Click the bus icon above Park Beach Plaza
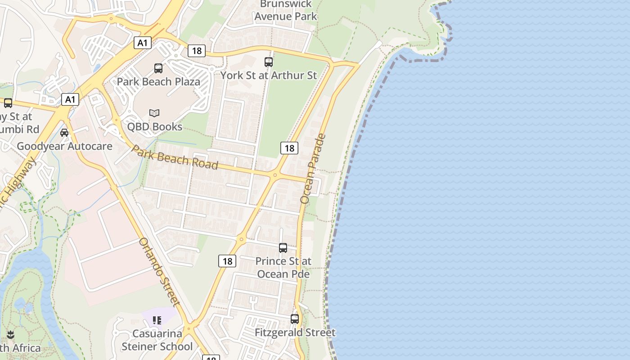pyautogui.click(x=158, y=68)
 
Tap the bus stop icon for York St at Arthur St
pyautogui.click(x=269, y=62)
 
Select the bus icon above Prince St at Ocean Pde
pyautogui.click(x=283, y=248)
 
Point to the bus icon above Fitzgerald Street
pyautogui.click(x=295, y=319)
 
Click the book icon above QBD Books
pyautogui.click(x=154, y=113)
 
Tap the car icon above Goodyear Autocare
pyautogui.click(x=64, y=133)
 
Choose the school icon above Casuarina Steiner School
pyautogui.click(x=157, y=320)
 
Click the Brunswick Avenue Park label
pyautogui.click(x=286, y=10)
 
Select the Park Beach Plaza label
pyautogui.click(x=158, y=82)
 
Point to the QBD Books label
pyautogui.click(x=154, y=126)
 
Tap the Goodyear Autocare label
pyautogui.click(x=64, y=146)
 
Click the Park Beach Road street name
pyautogui.click(x=175, y=157)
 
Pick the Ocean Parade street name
pyautogui.click(x=313, y=168)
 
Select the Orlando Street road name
pyautogui.click(x=160, y=272)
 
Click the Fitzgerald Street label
pyautogui.click(x=295, y=333)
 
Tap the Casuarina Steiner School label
pyautogui.click(x=157, y=340)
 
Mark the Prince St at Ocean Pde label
pyautogui.click(x=283, y=267)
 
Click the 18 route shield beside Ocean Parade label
pyautogui.click(x=289, y=148)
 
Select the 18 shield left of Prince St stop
pyautogui.click(x=227, y=261)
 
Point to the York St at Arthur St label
pyautogui.click(x=269, y=76)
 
